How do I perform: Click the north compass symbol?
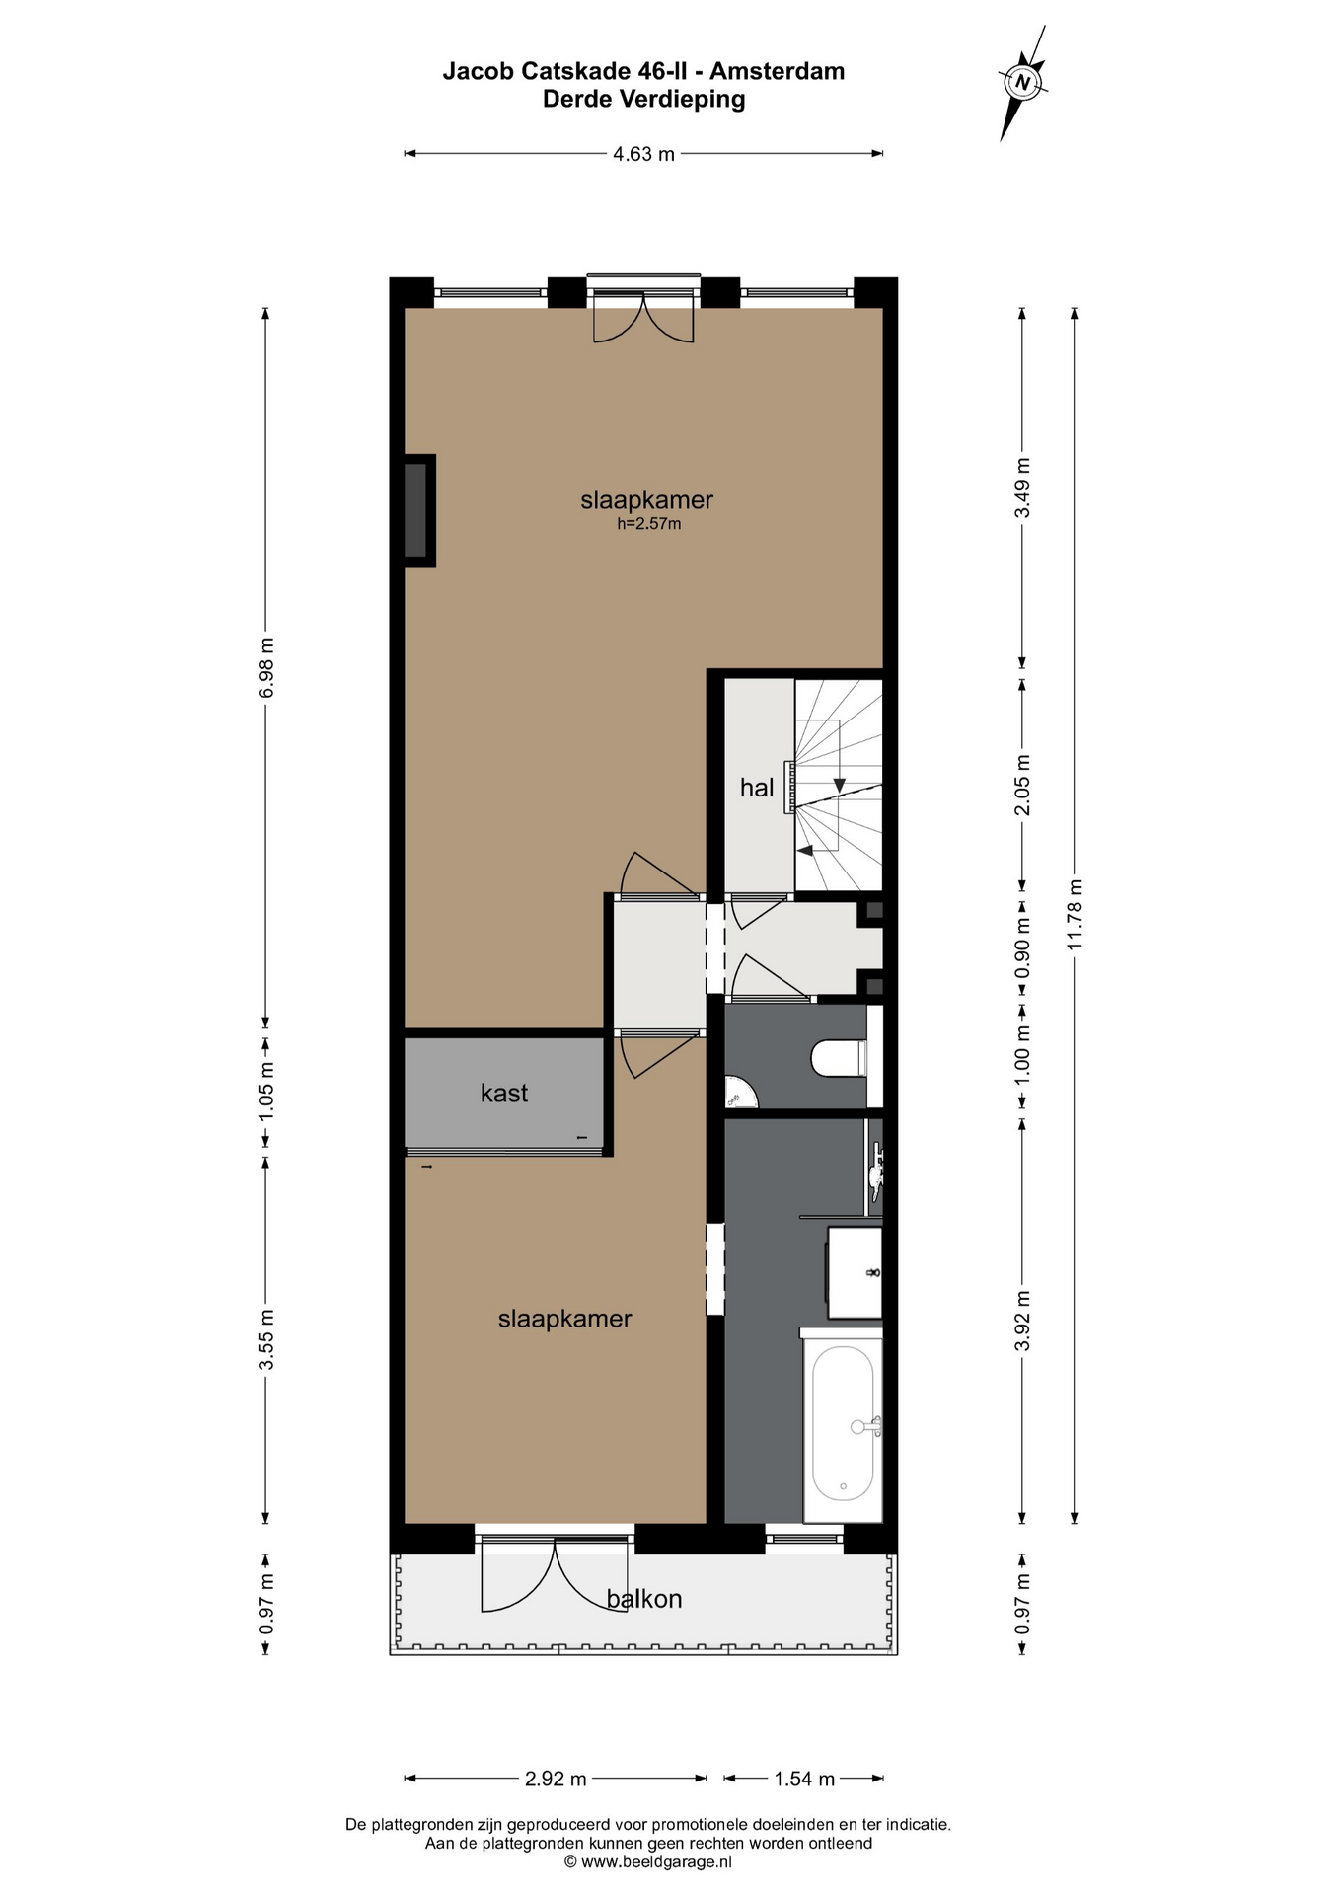[1023, 83]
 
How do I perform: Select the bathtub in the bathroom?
[842, 1424]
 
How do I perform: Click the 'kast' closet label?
[504, 1093]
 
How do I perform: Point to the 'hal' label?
[757, 788]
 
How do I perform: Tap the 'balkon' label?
[644, 1598]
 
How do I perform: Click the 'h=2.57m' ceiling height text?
[649, 524]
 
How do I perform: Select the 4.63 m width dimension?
[643, 154]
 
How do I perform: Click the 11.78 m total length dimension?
[1075, 914]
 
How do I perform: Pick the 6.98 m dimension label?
[265, 667]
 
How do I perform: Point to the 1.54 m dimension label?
[804, 1779]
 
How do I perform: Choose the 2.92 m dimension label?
[556, 1779]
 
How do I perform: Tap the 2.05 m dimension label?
[1022, 785]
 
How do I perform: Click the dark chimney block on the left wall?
[418, 509]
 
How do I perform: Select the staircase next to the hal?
[839, 786]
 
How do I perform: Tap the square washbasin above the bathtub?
[855, 1271]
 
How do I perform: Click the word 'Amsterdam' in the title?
[778, 71]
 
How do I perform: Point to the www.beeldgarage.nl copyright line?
[648, 1861]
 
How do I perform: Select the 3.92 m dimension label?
[1022, 1320]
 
